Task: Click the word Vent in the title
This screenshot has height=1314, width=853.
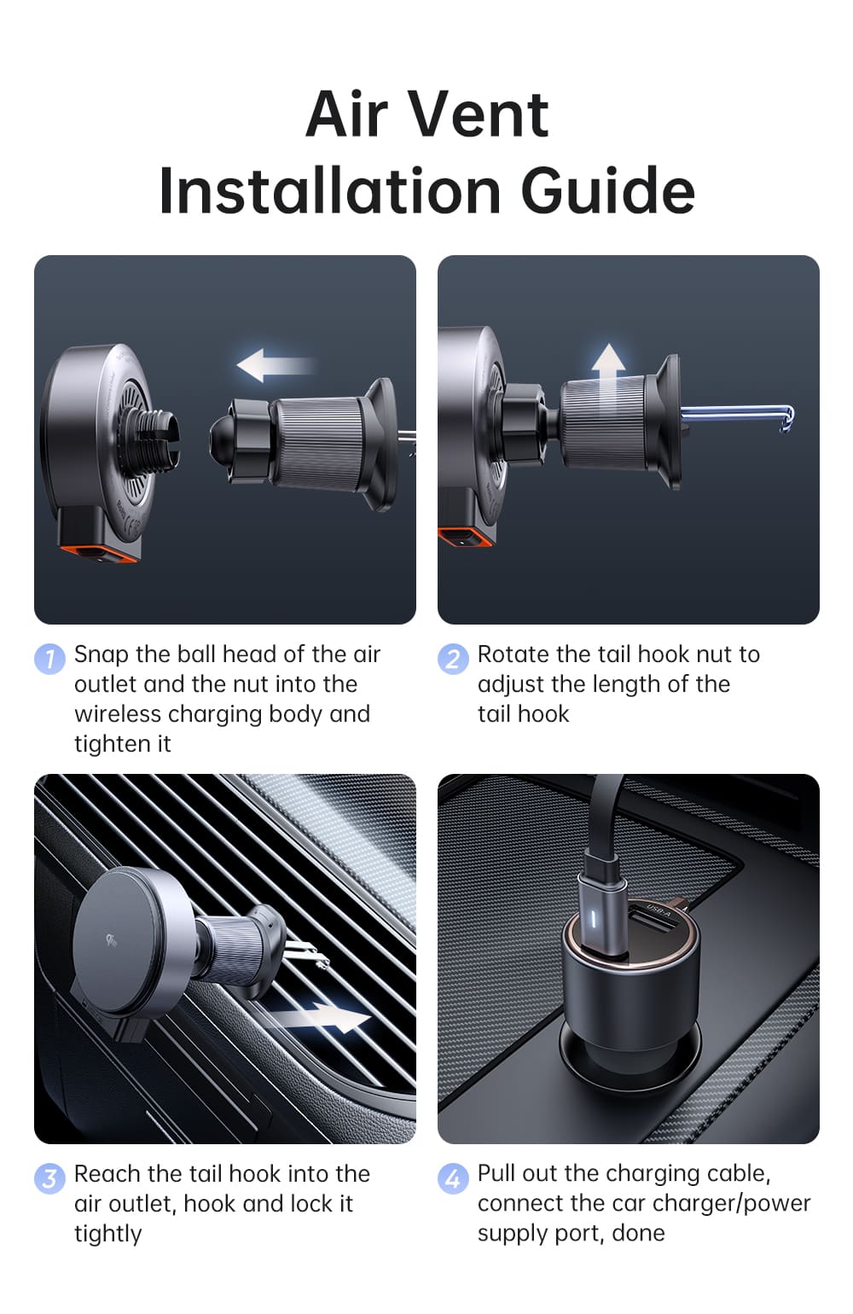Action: click(477, 114)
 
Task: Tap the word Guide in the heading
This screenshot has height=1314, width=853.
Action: click(608, 190)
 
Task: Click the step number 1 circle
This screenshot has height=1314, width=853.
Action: click(49, 659)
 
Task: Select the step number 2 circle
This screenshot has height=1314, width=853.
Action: click(453, 659)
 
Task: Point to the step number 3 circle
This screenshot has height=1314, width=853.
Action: click(49, 1177)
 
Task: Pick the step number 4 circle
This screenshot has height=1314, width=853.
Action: click(453, 1177)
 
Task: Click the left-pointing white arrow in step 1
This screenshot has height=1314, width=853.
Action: click(276, 365)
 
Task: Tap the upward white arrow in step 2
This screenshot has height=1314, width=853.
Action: click(608, 375)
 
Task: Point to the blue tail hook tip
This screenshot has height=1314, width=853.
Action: click(787, 419)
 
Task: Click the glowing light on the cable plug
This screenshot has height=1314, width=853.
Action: click(593, 919)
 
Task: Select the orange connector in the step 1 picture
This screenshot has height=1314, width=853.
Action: click(98, 552)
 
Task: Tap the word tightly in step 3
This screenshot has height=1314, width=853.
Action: click(107, 1234)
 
